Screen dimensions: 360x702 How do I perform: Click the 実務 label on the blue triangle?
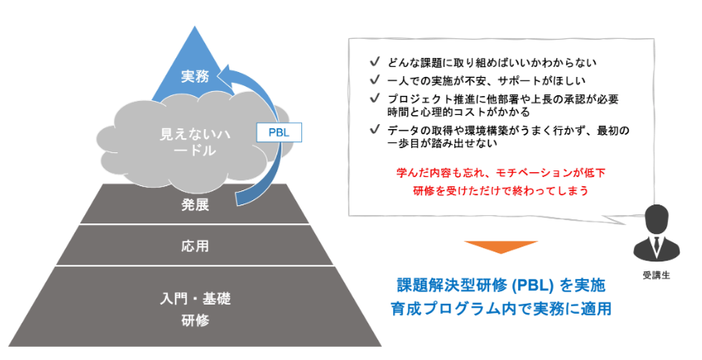tap(196, 76)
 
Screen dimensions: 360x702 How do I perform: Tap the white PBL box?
tap(279, 132)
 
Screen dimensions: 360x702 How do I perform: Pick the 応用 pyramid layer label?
tap(195, 245)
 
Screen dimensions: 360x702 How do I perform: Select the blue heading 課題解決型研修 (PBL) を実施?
tap(500, 286)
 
